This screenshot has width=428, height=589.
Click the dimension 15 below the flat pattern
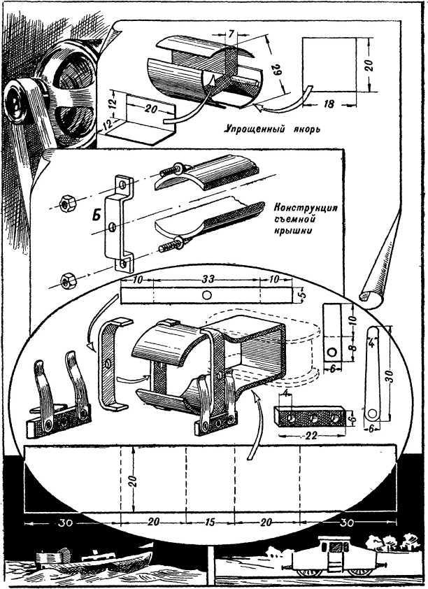coord(210,521)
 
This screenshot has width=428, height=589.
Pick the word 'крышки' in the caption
coord(287,231)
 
